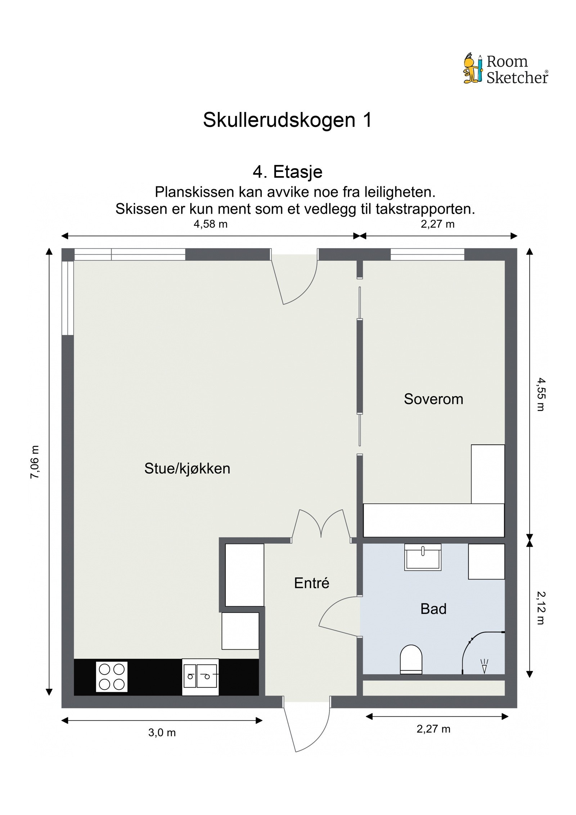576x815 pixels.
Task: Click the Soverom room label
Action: pyautogui.click(x=433, y=399)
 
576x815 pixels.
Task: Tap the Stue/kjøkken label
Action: pyautogui.click(x=187, y=469)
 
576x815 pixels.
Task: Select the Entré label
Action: pyautogui.click(x=311, y=583)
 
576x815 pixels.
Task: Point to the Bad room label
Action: pyautogui.click(x=433, y=609)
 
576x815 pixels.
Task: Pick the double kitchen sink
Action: pyautogui.click(x=200, y=677)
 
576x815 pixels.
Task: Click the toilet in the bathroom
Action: pyautogui.click(x=411, y=659)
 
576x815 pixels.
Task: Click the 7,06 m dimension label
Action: pyautogui.click(x=35, y=462)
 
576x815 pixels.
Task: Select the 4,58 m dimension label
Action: pyautogui.click(x=211, y=224)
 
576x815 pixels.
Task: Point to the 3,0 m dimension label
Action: pyautogui.click(x=162, y=733)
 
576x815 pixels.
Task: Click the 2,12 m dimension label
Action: pyautogui.click(x=541, y=608)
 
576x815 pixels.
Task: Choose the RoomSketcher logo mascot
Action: pyautogui.click(x=472, y=69)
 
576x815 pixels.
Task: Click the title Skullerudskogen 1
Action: pyautogui.click(x=287, y=120)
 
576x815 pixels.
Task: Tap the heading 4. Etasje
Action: pyautogui.click(x=287, y=172)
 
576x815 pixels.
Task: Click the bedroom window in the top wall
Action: pyautogui.click(x=427, y=255)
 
